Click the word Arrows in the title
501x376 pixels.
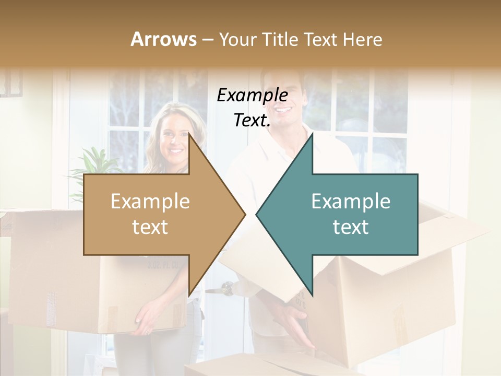(163, 39)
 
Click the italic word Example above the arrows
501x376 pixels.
(252, 95)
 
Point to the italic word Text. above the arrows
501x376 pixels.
(252, 120)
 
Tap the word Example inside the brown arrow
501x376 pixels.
(150, 202)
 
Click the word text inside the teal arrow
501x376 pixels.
(351, 227)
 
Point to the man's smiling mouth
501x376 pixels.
(284, 111)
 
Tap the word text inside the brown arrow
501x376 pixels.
(150, 227)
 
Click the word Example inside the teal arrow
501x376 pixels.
(351, 202)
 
